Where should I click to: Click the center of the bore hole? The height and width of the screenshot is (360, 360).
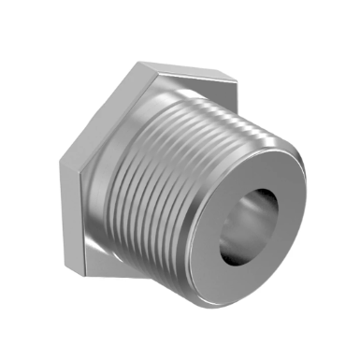pyautogui.click(x=253, y=227)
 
